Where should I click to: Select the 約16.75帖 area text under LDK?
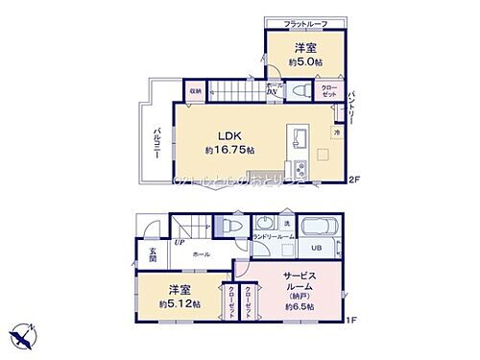point(229,151)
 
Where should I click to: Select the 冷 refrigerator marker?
point(336,132)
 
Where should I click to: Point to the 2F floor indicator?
point(353,179)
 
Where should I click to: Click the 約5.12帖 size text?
point(180,304)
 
